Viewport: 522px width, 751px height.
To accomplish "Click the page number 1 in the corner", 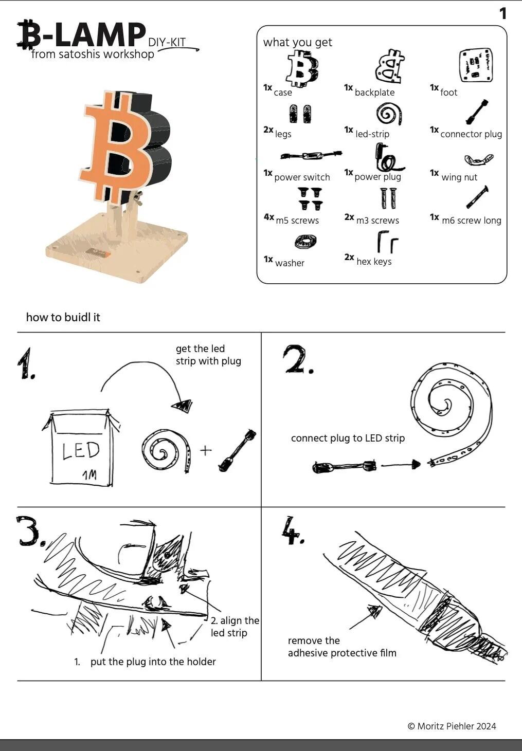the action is (x=502, y=14).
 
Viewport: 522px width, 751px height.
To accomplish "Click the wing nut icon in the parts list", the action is (x=479, y=159).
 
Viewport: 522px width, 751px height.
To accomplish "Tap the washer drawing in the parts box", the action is (x=305, y=242).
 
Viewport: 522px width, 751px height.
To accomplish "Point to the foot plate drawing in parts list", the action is (x=476, y=65).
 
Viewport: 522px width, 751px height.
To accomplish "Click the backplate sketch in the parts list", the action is (x=390, y=66).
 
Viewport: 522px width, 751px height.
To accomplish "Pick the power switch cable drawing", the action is (x=311, y=155).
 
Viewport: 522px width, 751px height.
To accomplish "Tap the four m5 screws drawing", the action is (x=310, y=199).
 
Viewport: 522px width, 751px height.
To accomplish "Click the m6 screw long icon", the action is (x=477, y=197).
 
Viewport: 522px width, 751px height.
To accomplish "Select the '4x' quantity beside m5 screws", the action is (x=269, y=217).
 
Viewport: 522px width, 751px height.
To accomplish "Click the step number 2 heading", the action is (x=299, y=359).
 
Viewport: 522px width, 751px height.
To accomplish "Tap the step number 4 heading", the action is (x=293, y=531).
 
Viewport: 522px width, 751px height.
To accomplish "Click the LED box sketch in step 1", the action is (x=81, y=447).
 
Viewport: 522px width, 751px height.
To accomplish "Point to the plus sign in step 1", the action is (x=206, y=450).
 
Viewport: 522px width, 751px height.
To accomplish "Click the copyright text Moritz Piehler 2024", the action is (x=452, y=726).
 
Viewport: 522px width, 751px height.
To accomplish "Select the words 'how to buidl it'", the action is (x=63, y=317).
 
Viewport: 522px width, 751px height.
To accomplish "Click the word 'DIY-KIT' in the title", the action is (x=167, y=42).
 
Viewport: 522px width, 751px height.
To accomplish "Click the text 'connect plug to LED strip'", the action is (x=348, y=438).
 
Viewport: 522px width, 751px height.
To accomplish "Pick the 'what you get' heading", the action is (x=298, y=42).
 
